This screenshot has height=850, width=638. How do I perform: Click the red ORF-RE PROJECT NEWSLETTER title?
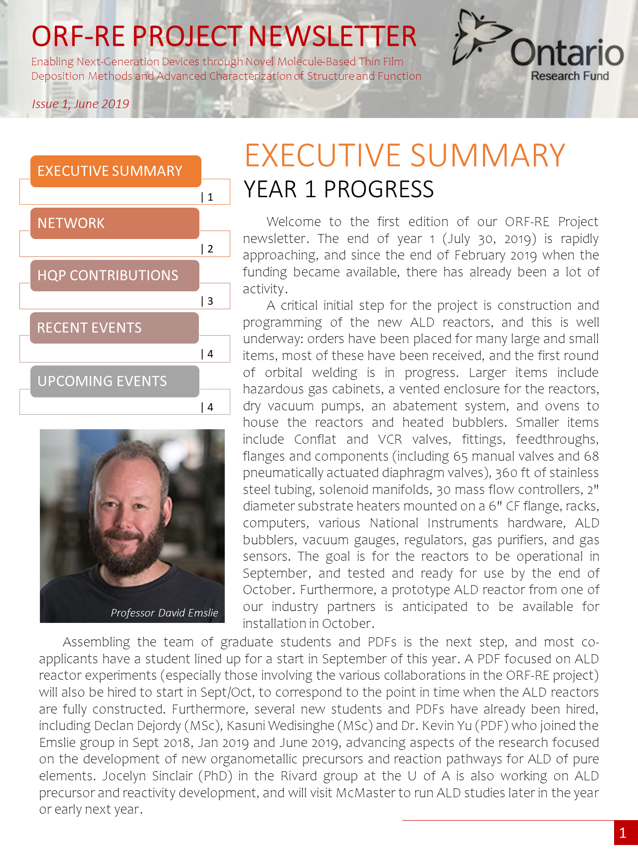224,36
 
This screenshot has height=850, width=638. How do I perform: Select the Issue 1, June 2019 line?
80,104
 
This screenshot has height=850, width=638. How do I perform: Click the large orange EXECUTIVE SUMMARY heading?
405,155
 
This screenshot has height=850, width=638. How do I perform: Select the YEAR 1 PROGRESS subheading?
338,189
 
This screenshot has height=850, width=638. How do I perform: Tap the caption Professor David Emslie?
164,612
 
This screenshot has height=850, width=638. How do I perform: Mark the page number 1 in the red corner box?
623,833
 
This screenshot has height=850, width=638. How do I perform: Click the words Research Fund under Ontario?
570,76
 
